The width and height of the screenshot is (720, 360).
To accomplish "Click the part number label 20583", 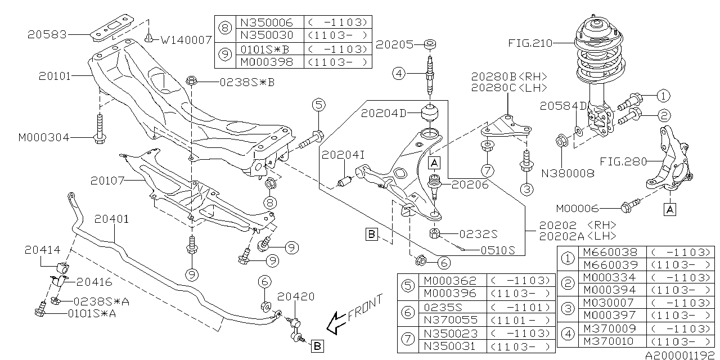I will point(47,34).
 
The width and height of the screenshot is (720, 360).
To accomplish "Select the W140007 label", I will point(186,40).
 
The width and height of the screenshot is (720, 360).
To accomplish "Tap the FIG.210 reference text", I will point(530,43).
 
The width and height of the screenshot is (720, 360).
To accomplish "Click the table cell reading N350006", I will point(267,22).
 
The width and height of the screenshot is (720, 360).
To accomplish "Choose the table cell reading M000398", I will point(267,61).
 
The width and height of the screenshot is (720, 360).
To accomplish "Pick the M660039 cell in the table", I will point(610,264).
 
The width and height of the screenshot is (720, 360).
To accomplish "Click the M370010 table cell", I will point(610,341).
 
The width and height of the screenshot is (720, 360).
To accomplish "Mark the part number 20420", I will point(295,296).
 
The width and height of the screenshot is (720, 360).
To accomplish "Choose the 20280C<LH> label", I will point(508,88).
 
